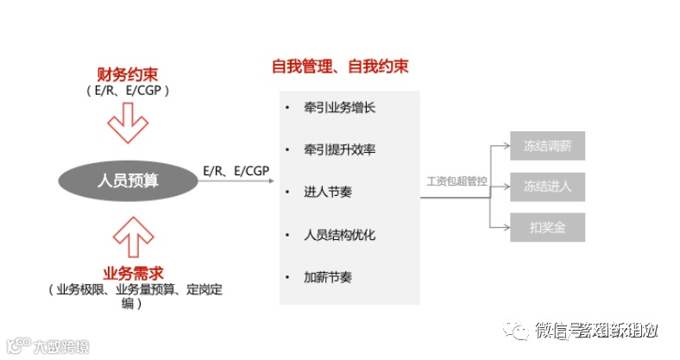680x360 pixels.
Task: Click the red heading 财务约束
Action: [129, 75]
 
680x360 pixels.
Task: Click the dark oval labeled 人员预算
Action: [128, 180]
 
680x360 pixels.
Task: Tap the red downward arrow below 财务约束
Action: [129, 122]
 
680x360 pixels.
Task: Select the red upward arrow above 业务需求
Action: [129, 236]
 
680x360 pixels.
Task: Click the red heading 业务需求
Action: [129, 274]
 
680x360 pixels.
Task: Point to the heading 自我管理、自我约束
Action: [340, 66]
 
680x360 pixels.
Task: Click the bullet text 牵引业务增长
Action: [339, 109]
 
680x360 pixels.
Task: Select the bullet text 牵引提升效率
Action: [339, 150]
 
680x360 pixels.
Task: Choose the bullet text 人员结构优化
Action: [339, 235]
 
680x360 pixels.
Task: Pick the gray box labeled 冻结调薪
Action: [547, 145]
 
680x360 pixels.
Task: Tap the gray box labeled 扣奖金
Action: [547, 227]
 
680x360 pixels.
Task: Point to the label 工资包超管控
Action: [456, 182]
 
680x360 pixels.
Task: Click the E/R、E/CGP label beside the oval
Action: [236, 171]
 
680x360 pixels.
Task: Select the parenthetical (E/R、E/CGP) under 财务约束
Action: [128, 90]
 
